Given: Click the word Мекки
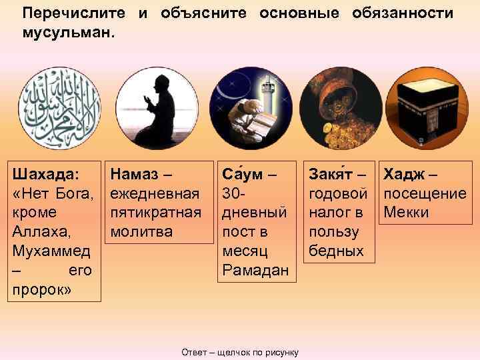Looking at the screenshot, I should click(405, 213).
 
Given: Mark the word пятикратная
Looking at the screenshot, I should click(155, 213).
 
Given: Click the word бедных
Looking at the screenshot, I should click(337, 252).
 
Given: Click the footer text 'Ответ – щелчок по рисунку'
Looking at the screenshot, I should click(240, 351).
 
